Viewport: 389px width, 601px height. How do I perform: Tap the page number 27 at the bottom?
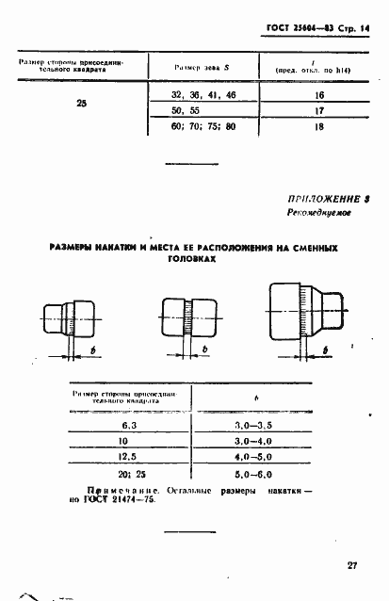pos(351,564)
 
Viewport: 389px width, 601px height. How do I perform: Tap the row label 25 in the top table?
pos(80,104)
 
